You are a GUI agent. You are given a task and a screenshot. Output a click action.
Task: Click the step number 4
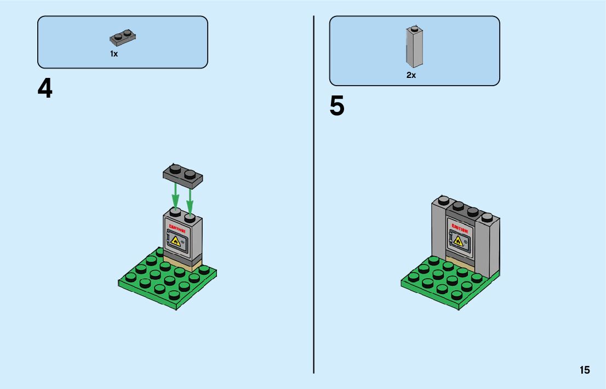(x=45, y=88)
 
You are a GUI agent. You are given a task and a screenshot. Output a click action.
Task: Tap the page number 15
(x=585, y=370)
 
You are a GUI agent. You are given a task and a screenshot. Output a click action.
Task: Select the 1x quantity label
(x=114, y=54)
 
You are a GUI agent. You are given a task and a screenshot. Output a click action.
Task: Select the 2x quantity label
(x=411, y=75)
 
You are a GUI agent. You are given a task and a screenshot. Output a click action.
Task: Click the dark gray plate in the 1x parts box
(x=123, y=38)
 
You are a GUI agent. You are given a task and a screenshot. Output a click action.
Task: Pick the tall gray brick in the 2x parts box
(x=414, y=46)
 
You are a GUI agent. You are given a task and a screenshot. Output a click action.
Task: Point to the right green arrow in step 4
(x=190, y=199)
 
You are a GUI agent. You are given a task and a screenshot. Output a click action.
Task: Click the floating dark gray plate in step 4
(x=182, y=175)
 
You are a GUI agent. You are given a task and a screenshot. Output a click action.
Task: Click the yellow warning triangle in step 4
(x=175, y=241)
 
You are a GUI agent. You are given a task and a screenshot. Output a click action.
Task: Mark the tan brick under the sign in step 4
(x=183, y=265)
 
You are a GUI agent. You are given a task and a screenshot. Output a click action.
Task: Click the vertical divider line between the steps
(x=314, y=192)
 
